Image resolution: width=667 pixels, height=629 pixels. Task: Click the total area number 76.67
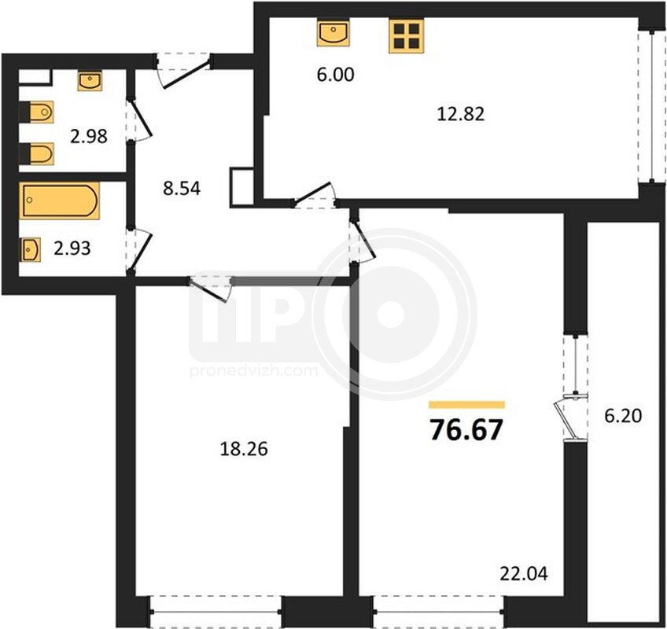coord(466,429)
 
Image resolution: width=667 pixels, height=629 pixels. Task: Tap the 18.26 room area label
coord(244,449)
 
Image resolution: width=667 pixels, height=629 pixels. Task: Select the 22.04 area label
coord(524,574)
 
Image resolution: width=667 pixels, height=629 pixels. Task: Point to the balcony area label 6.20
coord(623,415)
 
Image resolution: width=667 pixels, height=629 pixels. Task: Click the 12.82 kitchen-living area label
coord(461,114)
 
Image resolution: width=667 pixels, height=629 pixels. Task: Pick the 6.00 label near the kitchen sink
coord(336,75)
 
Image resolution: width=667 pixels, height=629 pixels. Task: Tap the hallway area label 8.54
coord(182,188)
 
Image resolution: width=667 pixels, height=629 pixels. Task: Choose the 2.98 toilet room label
coord(88,137)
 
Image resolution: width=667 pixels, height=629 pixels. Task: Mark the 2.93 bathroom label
coord(72,248)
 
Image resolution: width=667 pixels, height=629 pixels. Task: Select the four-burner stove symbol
coord(406,35)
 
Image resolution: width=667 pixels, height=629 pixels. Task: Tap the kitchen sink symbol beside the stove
coord(333,32)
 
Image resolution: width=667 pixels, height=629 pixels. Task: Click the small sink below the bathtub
coord(30,250)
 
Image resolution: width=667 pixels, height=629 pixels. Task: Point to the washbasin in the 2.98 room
coord(90,81)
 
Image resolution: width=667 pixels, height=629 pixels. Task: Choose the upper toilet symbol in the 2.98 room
coord(37,112)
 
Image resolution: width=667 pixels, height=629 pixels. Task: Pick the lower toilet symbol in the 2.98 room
coord(37,153)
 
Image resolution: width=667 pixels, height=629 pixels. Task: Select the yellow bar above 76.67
coord(466,405)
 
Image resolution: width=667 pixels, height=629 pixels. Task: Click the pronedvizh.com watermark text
coord(253,371)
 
